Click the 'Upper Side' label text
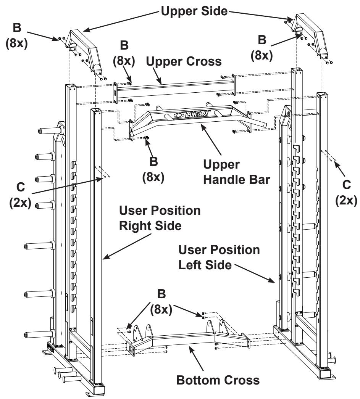tap(194, 11)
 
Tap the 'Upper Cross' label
tap(184, 61)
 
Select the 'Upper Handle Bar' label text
tap(236, 172)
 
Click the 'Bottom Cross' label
tap(218, 380)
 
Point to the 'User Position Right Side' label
tap(160, 218)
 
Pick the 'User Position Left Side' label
tap(219, 257)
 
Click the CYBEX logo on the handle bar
tap(192, 114)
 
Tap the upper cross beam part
tap(174, 88)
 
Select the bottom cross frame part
tap(187, 336)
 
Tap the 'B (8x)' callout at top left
tap(16, 35)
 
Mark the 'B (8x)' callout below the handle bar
tap(153, 169)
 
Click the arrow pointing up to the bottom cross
tap(196, 357)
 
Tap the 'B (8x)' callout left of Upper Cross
tap(124, 53)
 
